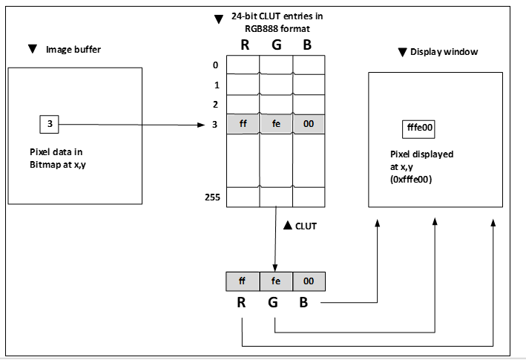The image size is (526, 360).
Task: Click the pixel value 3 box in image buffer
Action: (49, 123)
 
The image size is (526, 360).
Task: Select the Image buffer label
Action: (73, 50)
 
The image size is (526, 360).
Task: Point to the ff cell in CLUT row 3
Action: (243, 125)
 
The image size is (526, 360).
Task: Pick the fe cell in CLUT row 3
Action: (276, 125)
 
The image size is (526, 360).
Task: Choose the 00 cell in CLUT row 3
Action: (309, 125)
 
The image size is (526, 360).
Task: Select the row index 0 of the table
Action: (215, 65)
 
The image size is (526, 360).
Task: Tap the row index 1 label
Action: (215, 85)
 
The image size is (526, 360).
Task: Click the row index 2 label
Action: (215, 104)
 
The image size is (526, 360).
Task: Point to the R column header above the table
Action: (243, 45)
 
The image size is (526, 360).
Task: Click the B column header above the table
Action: (308, 45)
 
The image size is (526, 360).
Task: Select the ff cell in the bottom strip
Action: (243, 282)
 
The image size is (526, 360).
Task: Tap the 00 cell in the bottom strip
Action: (309, 282)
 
